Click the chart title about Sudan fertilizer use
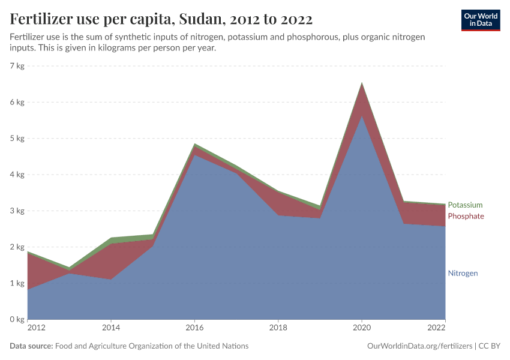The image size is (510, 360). pos(161,19)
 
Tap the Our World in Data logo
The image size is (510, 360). pos(481,20)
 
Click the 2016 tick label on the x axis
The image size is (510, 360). pos(194,328)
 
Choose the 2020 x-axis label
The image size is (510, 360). pos(361,328)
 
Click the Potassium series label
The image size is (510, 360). pos(465,205)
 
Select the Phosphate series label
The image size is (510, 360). pos(466,216)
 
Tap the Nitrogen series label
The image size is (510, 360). pos(463,273)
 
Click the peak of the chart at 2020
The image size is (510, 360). pos(361,83)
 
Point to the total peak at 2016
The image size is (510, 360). pos(194,144)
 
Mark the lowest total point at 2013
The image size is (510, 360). pos(69,268)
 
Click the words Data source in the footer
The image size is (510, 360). pos(31,346)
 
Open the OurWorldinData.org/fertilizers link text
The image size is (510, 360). pos(419,346)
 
